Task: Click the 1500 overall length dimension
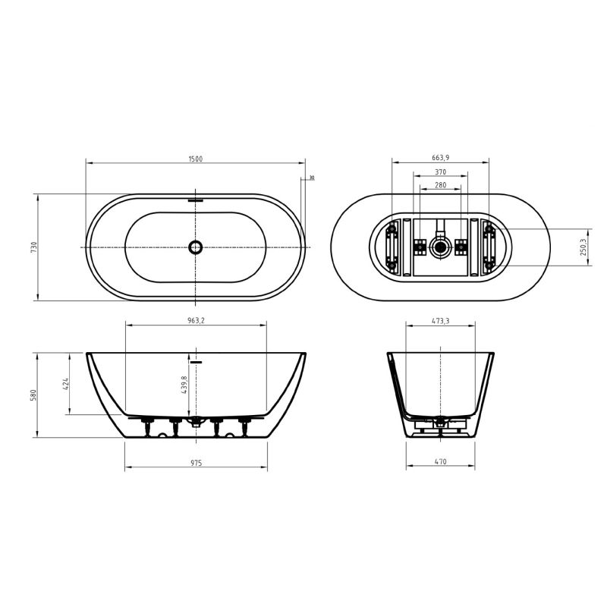point(195,158)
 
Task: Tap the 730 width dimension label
point(33,247)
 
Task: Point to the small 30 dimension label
point(311,178)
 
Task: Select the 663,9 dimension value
point(440,157)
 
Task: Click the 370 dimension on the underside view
point(440,171)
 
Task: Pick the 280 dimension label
point(440,184)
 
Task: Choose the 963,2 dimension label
point(195,321)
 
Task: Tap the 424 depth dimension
point(66,384)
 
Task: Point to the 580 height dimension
point(33,395)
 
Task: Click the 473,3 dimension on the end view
point(440,321)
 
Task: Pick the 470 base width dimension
point(441,461)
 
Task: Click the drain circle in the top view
point(196,247)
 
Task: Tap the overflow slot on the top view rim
point(196,201)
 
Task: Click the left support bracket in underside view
point(392,247)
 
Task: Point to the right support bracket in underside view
point(489,247)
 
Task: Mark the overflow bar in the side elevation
point(197,363)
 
